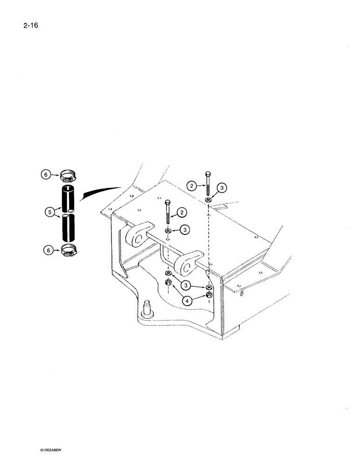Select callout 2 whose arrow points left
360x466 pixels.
coord(182,212)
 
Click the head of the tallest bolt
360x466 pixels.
coord(208,174)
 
